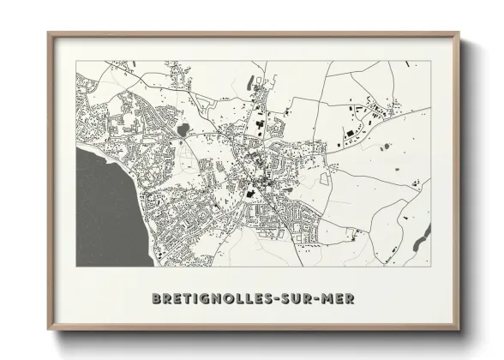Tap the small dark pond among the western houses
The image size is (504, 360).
(x=183, y=130)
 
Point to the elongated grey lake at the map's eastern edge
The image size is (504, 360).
(x=422, y=238)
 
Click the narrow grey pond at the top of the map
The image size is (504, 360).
(x=249, y=82)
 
